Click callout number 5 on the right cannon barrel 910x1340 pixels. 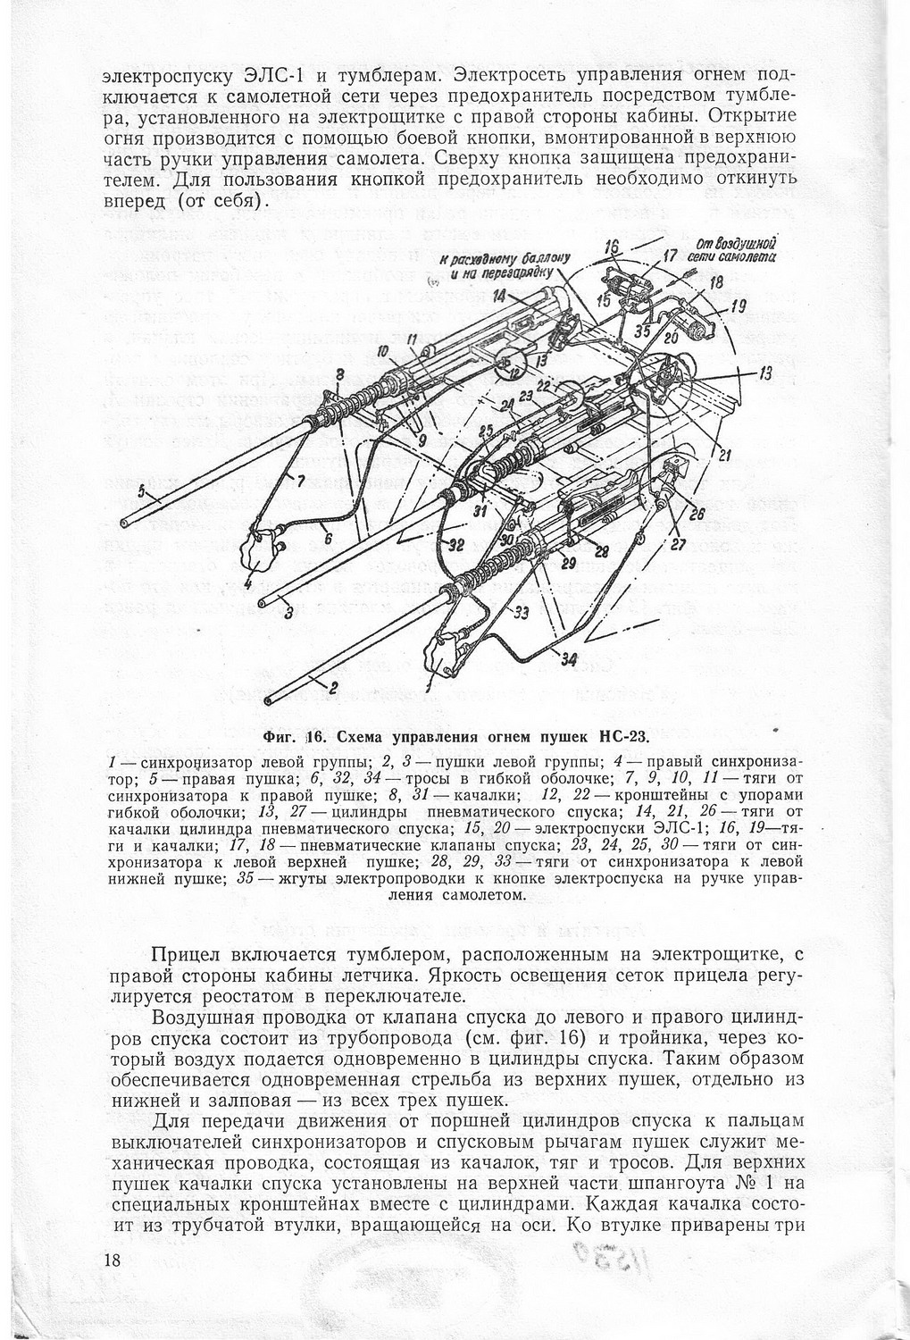140,489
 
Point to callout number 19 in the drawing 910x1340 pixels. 738,306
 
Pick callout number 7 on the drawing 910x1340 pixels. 301,482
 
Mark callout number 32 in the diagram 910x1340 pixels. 455,545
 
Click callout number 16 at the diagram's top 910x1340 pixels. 612,247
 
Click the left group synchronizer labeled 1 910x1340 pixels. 444,649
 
